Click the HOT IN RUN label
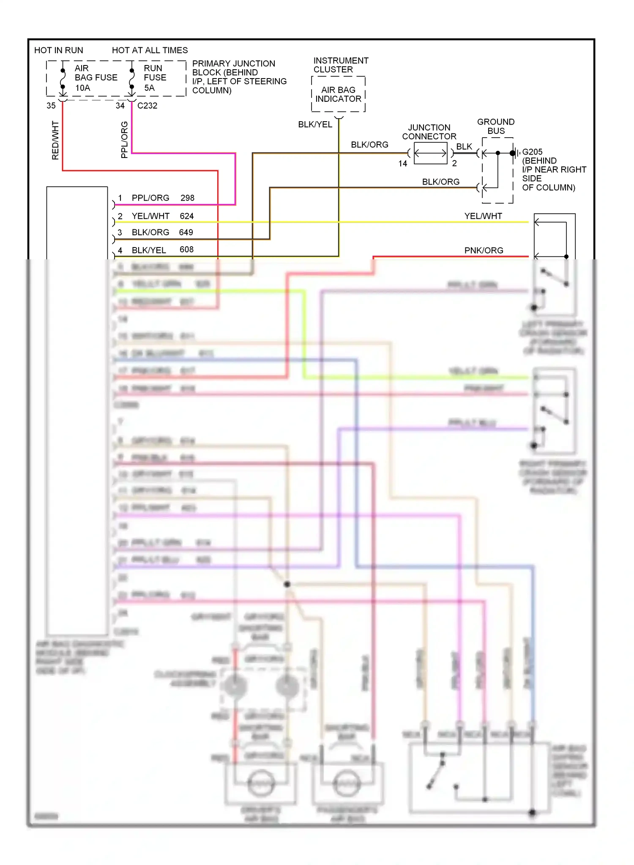58,50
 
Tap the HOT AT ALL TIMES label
150,50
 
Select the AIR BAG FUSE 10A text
96,78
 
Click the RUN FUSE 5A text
155,78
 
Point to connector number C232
147,106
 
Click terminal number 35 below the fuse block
51,106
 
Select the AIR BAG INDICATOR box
338,94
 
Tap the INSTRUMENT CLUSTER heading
341,65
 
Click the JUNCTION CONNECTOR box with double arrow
430,153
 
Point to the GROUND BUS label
496,126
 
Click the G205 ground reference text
532,152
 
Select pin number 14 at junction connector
403,163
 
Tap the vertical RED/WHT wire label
55,140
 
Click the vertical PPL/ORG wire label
124,140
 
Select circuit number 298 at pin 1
187,198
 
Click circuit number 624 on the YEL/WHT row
186,216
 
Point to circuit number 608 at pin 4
186,250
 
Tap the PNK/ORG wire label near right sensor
484,250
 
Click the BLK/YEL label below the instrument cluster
315,124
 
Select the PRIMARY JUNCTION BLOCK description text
239,77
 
